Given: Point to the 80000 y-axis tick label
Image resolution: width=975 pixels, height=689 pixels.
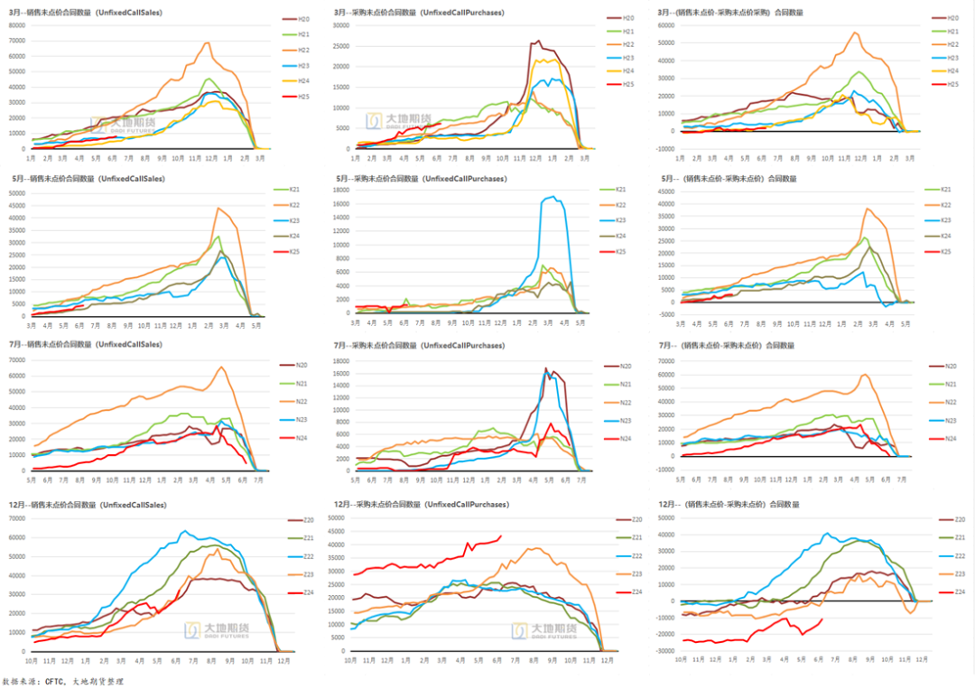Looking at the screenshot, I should point(17,24).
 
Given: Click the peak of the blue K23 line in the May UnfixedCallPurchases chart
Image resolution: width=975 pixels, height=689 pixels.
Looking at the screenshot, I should point(552,196).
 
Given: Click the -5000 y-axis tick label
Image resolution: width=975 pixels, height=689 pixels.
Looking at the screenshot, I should point(667,314).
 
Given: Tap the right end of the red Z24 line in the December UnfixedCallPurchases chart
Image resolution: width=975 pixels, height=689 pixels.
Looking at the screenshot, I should point(501,536).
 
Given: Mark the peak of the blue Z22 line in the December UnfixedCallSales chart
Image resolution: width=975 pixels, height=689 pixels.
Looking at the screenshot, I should point(184,531).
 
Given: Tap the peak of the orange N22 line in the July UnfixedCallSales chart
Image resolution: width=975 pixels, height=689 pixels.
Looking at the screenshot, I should point(222,367).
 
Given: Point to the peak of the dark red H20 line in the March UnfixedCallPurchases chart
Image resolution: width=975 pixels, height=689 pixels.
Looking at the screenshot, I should point(540,41).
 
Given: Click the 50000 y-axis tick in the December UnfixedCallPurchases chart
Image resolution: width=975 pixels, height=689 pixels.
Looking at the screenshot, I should point(336,518).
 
